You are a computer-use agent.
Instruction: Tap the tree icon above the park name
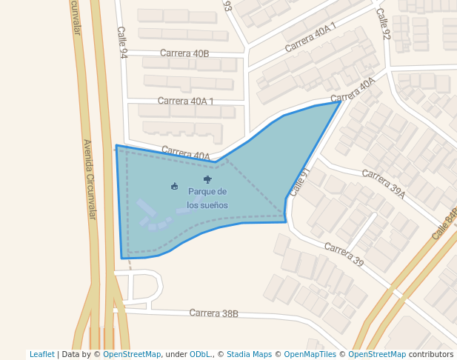pyautogui.click(x=207, y=179)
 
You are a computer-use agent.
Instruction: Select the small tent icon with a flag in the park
pyautogui.click(x=174, y=186)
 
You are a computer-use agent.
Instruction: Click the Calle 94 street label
pyautogui.click(x=122, y=43)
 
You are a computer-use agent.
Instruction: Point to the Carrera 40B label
pyautogui.click(x=184, y=53)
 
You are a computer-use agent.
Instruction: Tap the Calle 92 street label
pyautogui.click(x=382, y=24)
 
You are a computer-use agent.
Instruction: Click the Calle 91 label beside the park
pyautogui.click(x=298, y=181)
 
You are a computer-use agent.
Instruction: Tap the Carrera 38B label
pyautogui.click(x=213, y=313)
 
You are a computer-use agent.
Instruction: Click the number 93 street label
pyautogui.click(x=227, y=7)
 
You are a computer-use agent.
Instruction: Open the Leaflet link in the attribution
pyautogui.click(x=42, y=354)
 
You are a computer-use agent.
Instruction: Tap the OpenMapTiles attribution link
pyautogui.click(x=310, y=354)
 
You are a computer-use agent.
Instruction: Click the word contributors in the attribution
pyautogui.click(x=431, y=354)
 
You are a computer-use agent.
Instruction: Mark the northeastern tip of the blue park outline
pyautogui.click(x=341, y=101)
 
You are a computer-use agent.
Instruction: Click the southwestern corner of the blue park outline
pyautogui.click(x=122, y=258)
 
